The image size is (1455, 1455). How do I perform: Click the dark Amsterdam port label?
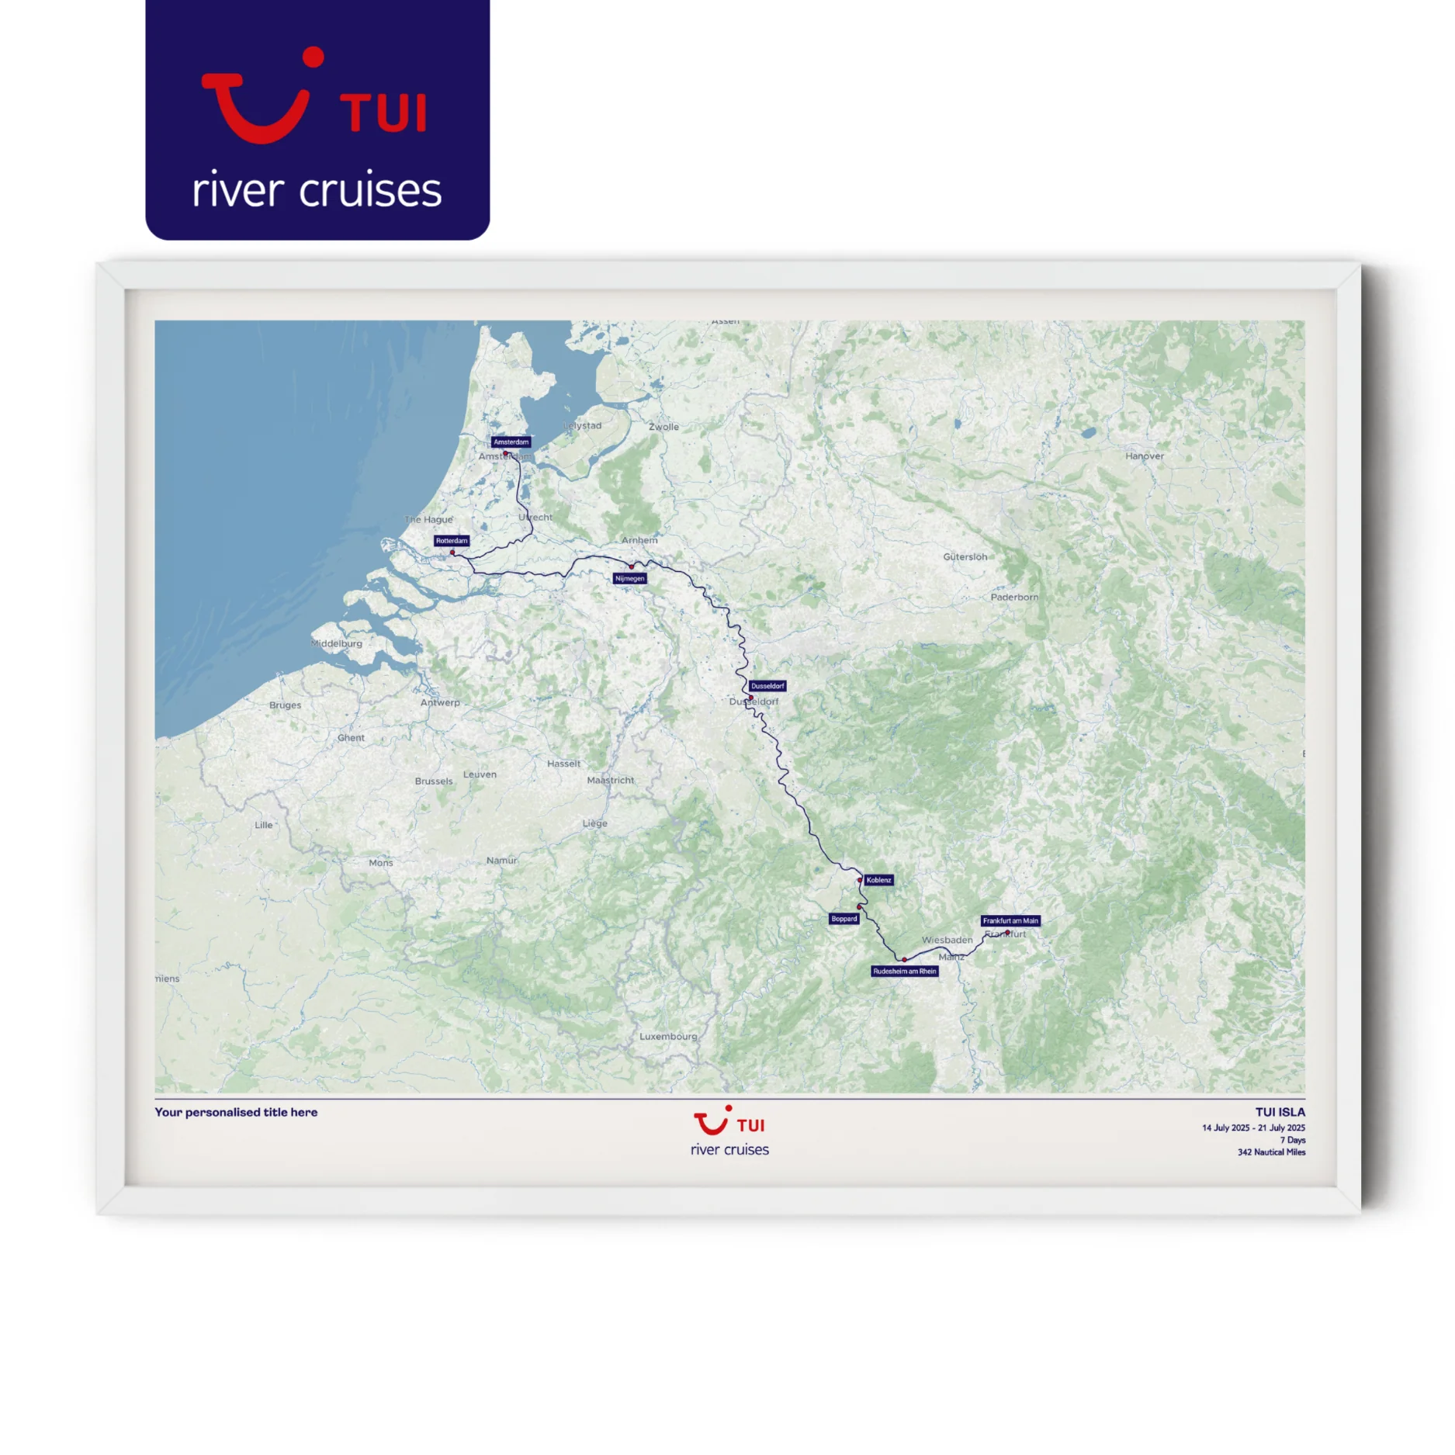tap(511, 442)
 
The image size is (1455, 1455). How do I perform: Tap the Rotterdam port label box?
tap(451, 541)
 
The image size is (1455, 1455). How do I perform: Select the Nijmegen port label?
tap(629, 578)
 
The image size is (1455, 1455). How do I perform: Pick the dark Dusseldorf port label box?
tap(767, 686)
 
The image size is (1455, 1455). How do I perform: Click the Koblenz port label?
tap(878, 880)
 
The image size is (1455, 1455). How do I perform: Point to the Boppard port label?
tap(844, 919)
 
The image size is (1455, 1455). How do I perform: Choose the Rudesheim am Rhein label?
tap(904, 972)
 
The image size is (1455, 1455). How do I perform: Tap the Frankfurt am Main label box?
tap(1010, 921)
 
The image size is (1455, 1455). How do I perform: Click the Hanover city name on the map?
tap(1144, 456)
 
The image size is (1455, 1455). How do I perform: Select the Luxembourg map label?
tap(667, 1037)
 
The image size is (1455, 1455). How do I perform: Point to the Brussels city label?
tap(433, 781)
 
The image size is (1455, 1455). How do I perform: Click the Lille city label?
tap(263, 825)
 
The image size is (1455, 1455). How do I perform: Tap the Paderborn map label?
tap(1013, 598)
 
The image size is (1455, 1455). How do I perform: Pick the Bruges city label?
tap(285, 705)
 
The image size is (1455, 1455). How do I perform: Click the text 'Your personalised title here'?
tap(236, 1112)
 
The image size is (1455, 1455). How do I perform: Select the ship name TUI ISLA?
tap(1280, 1112)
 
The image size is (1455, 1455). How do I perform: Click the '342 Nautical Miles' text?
tap(1270, 1152)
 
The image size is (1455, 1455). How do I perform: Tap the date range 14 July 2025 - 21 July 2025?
tap(1252, 1128)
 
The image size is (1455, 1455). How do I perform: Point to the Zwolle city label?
tap(663, 427)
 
